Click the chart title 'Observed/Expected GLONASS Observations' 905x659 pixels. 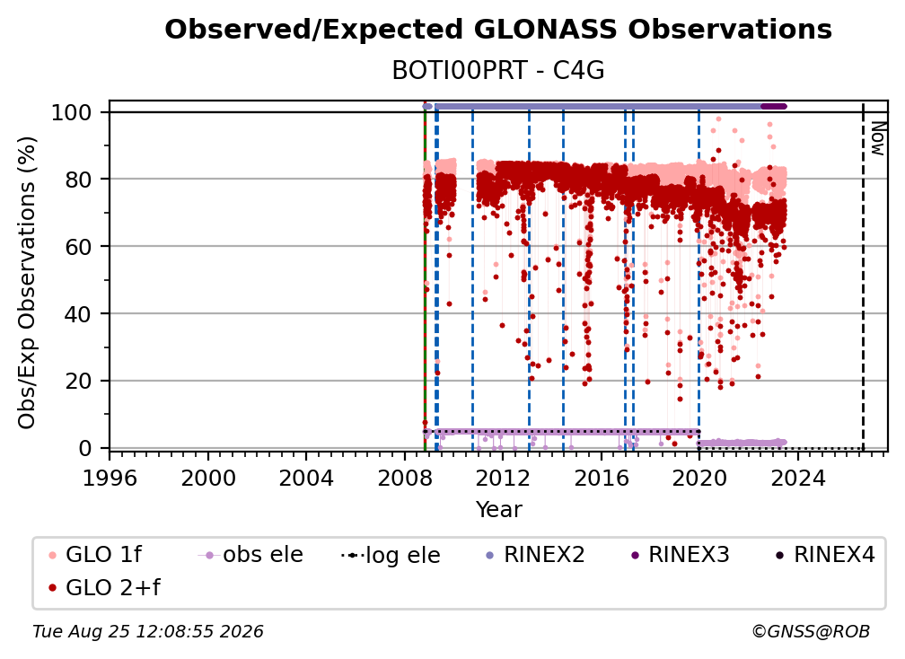(x=498, y=30)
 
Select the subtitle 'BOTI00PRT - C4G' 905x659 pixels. (x=498, y=71)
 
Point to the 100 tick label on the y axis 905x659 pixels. (x=72, y=112)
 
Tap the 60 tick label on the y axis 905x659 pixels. (x=78, y=247)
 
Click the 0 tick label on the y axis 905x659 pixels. (x=85, y=448)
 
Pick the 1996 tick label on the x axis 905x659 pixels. (x=110, y=479)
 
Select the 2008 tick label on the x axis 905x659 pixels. (x=405, y=479)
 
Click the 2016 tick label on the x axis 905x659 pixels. (x=601, y=479)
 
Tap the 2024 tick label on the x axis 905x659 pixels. (x=797, y=479)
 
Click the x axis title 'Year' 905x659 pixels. (x=498, y=510)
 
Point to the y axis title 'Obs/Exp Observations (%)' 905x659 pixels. (x=27, y=283)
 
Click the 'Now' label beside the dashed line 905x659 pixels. (x=877, y=138)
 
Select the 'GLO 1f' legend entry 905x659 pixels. (x=95, y=555)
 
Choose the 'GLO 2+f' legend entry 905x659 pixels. (x=104, y=587)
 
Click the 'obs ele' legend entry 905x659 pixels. (x=250, y=555)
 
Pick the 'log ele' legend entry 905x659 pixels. (x=391, y=555)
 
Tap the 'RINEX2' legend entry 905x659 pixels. (x=535, y=555)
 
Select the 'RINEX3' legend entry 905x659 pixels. (x=680, y=555)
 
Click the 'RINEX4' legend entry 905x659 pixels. (x=825, y=555)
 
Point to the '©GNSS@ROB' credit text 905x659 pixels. (x=811, y=631)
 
